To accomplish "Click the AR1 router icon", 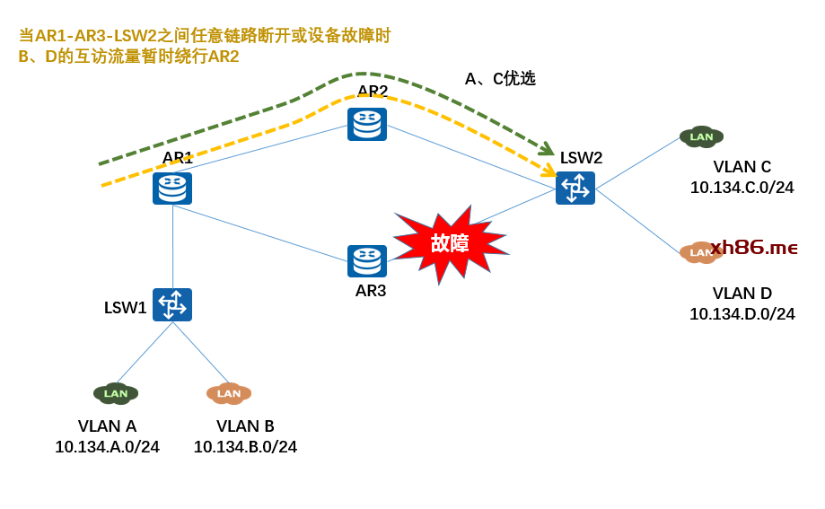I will pos(172,189).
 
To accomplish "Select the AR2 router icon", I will pos(367,124).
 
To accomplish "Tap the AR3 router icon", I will pos(367,261).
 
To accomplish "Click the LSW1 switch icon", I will pos(172,305).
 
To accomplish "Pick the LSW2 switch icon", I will pos(575,189).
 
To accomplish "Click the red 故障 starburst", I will pos(450,243).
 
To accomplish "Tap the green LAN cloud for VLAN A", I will pos(116,393).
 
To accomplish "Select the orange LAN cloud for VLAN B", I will pos(229,393).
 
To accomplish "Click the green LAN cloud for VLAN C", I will pos(701,136).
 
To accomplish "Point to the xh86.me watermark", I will pos(754,248).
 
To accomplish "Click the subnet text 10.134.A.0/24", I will pos(107,447).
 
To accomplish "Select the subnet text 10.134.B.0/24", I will pos(245,447).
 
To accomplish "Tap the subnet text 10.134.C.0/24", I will pos(742,188).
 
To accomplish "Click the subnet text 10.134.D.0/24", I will pos(742,314).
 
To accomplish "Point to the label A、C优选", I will pos(500,79).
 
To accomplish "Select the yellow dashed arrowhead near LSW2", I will pos(549,170).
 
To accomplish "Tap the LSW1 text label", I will pos(125,308).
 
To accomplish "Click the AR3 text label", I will pos(371,291).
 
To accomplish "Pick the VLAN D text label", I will pos(742,294).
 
